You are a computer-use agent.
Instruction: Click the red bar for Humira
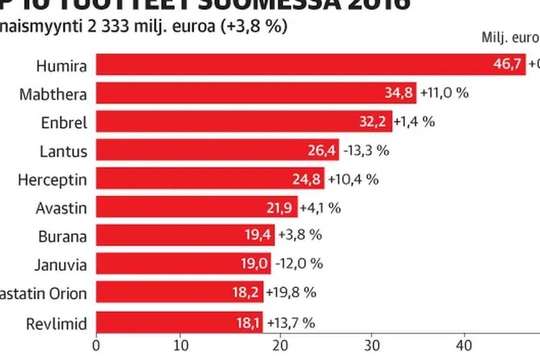pyautogui.click(x=288, y=65)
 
